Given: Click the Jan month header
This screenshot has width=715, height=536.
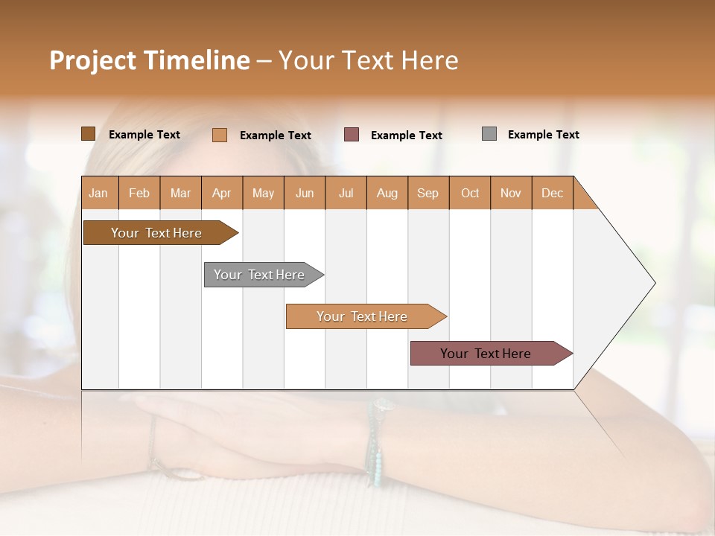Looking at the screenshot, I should tap(99, 193).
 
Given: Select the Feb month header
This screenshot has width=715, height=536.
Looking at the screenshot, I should tap(139, 193).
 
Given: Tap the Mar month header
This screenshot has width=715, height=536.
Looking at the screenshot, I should tap(180, 193).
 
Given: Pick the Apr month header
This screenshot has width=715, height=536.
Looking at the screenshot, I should tap(222, 193).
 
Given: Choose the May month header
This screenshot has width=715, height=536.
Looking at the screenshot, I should tap(263, 193).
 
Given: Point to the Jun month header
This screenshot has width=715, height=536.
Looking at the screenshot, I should tap(305, 193).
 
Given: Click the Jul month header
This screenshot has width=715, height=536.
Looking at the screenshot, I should tap(346, 193).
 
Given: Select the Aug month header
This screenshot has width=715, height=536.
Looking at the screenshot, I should tap(387, 193).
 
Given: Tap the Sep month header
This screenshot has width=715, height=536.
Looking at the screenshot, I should tap(428, 193).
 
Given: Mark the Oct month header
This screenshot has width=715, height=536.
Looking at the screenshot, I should tap(470, 193).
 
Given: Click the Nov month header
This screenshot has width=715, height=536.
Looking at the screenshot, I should tap(511, 193).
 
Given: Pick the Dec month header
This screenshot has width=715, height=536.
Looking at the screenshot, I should tap(553, 193).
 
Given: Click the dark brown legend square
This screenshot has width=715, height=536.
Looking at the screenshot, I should tap(88, 134).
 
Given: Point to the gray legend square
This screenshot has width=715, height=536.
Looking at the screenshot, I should tap(489, 134).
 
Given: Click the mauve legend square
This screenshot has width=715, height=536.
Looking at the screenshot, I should tap(352, 135).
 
